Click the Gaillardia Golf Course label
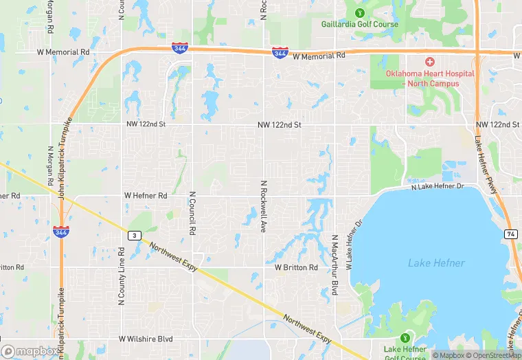pos(360,25)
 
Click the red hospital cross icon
pos(430,62)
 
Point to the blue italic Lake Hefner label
pos(436,263)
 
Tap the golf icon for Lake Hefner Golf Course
pos(405,338)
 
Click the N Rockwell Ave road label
pos(263,206)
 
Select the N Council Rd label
pos(193,210)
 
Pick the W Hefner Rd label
pos(146,196)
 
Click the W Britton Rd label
pos(296,267)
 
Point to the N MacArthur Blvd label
pos(335,265)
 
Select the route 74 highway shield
pos(510,234)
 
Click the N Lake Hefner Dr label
pos(438,186)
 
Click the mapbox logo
pos(29,350)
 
